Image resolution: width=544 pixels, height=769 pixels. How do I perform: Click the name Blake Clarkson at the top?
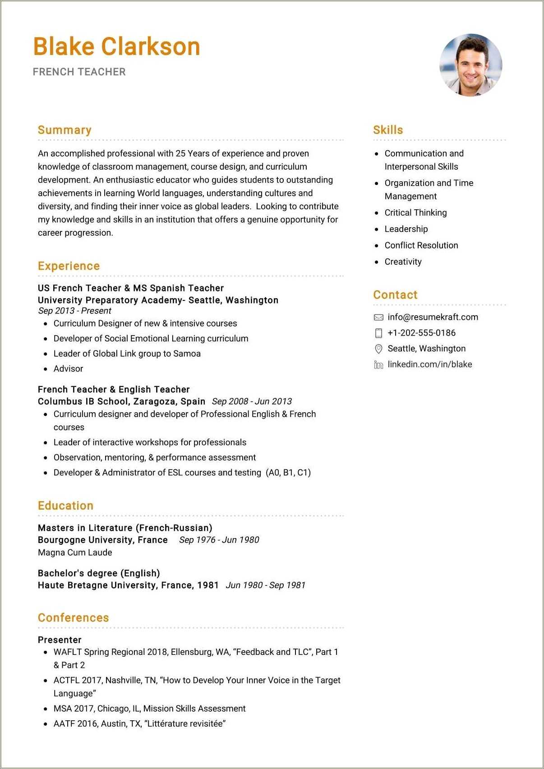click(x=116, y=47)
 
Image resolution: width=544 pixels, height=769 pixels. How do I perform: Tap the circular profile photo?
click(x=470, y=65)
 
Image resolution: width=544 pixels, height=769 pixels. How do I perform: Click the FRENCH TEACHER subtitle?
click(x=79, y=72)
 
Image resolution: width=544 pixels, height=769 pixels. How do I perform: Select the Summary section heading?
click(x=65, y=130)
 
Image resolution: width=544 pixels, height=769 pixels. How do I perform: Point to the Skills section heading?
click(x=388, y=130)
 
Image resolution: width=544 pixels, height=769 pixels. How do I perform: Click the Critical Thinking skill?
click(x=415, y=213)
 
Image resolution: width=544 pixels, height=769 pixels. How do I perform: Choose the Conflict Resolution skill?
click(x=421, y=245)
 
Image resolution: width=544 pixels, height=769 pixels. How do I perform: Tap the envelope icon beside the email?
click(x=378, y=318)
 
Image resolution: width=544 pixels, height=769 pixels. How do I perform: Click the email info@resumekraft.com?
click(x=433, y=317)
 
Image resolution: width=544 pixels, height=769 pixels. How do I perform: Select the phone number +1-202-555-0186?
click(x=421, y=333)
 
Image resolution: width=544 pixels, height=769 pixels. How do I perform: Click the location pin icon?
click(x=378, y=349)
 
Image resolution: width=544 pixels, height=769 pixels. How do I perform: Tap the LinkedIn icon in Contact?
click(x=378, y=364)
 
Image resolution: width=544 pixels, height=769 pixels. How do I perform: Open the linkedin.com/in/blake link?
click(x=429, y=364)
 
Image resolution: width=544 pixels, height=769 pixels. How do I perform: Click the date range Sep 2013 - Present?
click(x=75, y=311)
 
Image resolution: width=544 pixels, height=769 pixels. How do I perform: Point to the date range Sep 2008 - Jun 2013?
click(x=252, y=401)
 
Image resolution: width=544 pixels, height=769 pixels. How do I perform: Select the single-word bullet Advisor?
click(x=68, y=369)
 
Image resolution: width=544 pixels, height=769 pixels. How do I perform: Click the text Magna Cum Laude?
click(x=75, y=553)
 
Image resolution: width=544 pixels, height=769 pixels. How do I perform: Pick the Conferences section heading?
click(x=74, y=618)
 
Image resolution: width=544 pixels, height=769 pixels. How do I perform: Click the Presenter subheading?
click(x=60, y=640)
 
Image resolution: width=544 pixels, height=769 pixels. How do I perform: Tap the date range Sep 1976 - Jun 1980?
click(x=219, y=540)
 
